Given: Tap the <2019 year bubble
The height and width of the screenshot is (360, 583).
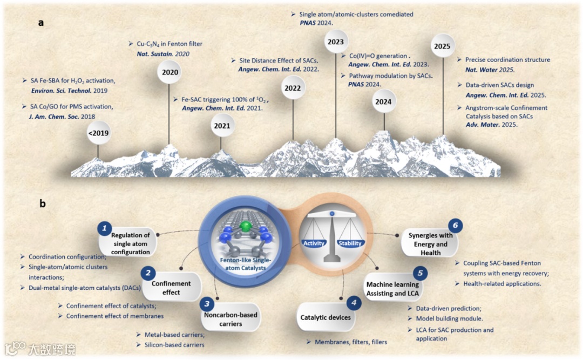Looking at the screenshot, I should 99,133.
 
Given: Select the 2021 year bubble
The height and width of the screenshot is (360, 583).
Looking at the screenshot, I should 220,126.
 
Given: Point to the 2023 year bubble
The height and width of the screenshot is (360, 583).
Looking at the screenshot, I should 335,42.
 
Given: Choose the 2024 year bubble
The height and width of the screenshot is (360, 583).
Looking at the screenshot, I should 384,101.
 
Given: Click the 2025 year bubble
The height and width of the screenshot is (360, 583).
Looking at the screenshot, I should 442,46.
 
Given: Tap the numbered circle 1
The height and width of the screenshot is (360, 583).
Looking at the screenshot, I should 104,228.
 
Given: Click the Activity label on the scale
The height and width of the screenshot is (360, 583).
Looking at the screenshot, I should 314,243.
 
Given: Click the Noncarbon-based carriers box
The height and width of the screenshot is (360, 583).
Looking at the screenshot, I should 232,319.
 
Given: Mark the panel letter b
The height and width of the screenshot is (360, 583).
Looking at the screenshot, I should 42,204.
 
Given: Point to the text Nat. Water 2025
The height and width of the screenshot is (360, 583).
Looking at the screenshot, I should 487,70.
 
